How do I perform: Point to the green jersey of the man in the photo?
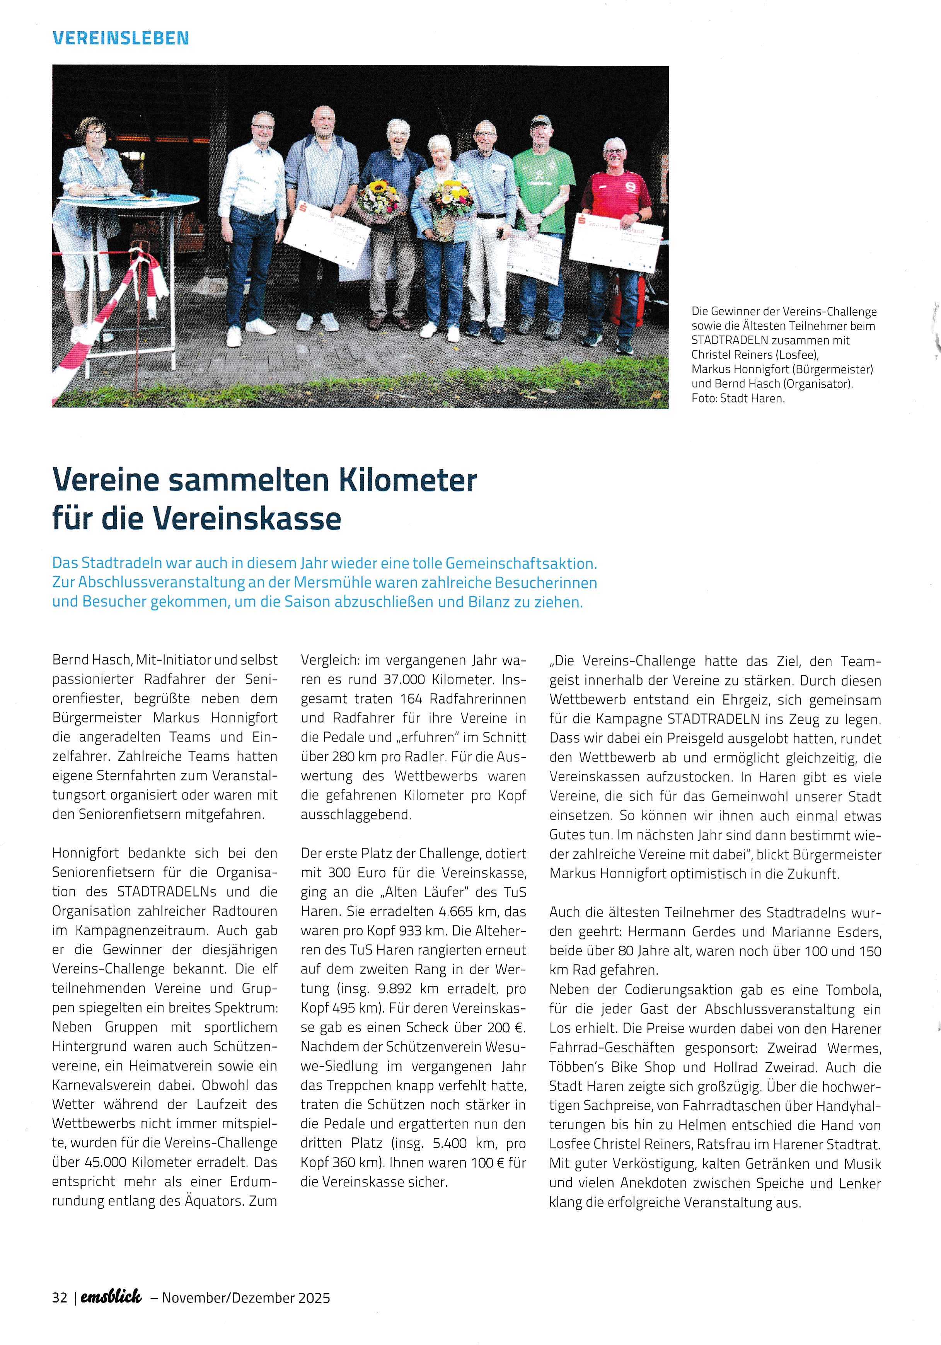click(543, 188)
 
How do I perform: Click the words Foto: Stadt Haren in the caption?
click(738, 398)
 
